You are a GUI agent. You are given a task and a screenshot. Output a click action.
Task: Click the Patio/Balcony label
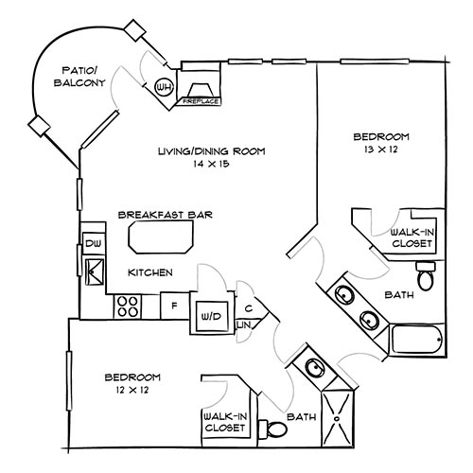pyautogui.click(x=82, y=77)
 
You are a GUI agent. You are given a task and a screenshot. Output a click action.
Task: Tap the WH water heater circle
pyautogui.click(x=164, y=88)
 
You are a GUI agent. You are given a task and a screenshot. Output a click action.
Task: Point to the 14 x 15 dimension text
pyautogui.click(x=211, y=165)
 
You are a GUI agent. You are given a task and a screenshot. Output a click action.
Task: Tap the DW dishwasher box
pyautogui.click(x=93, y=243)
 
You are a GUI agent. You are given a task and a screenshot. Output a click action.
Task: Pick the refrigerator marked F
pyautogui.click(x=173, y=307)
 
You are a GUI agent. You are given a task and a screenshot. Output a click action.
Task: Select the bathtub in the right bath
pyautogui.click(x=413, y=338)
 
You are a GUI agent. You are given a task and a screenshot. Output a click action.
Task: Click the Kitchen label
pyautogui.click(x=150, y=272)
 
